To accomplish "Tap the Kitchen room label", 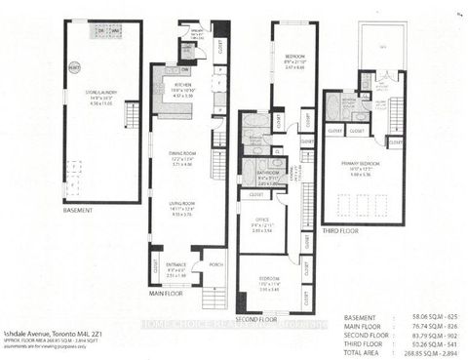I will point(183,91).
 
